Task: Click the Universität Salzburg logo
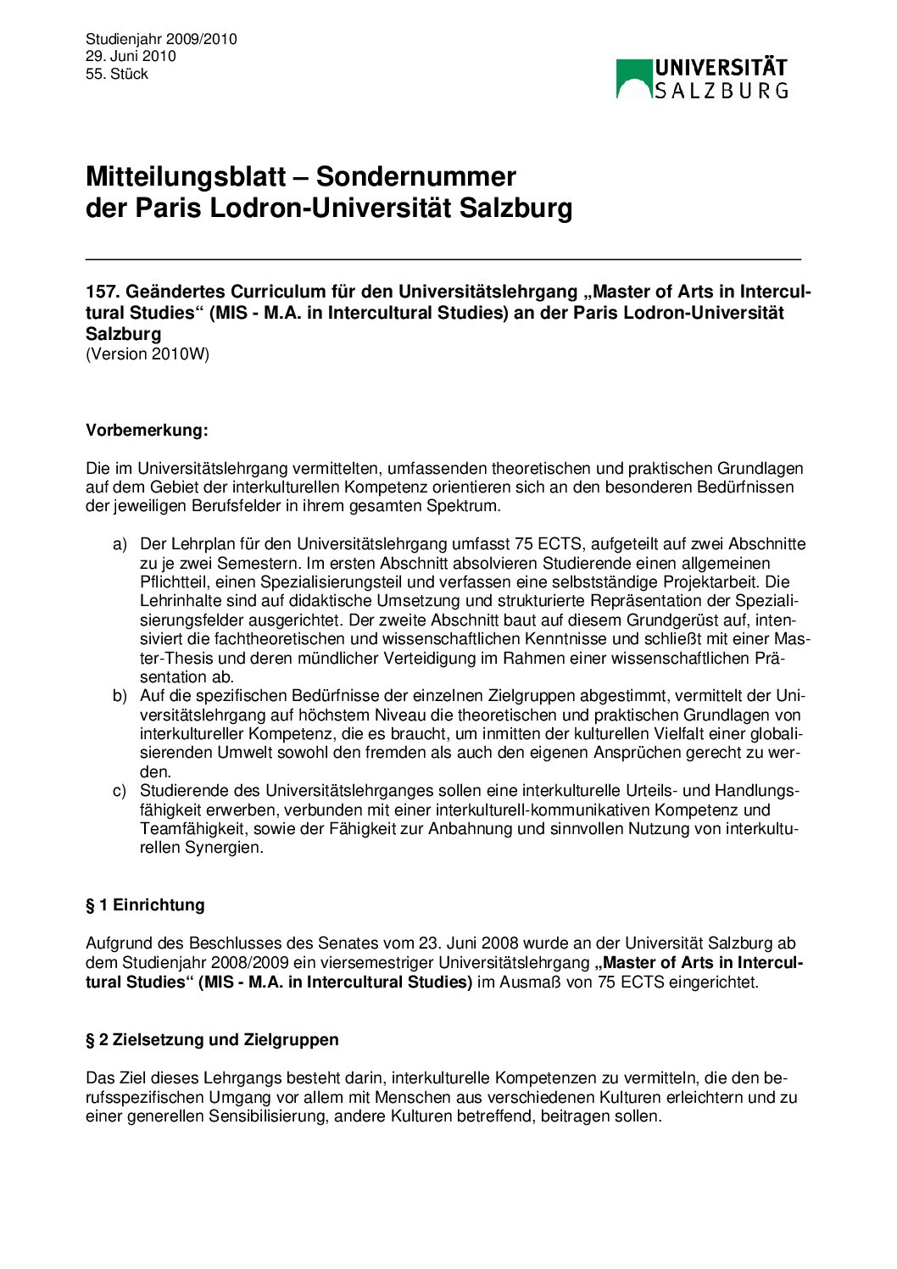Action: [702, 78]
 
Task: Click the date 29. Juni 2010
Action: [131, 56]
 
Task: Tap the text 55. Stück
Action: [117, 74]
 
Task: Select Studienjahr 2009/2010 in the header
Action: [161, 39]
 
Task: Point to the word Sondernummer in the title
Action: [416, 176]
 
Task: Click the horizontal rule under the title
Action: [443, 259]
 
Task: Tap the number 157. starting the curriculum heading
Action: [102, 292]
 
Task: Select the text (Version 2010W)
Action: [148, 353]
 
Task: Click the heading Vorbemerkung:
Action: [147, 430]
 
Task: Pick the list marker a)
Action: [120, 543]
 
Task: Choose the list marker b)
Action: [120, 696]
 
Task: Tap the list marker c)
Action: [120, 791]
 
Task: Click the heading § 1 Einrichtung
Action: [145, 904]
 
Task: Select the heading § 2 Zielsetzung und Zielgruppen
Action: [212, 1039]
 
